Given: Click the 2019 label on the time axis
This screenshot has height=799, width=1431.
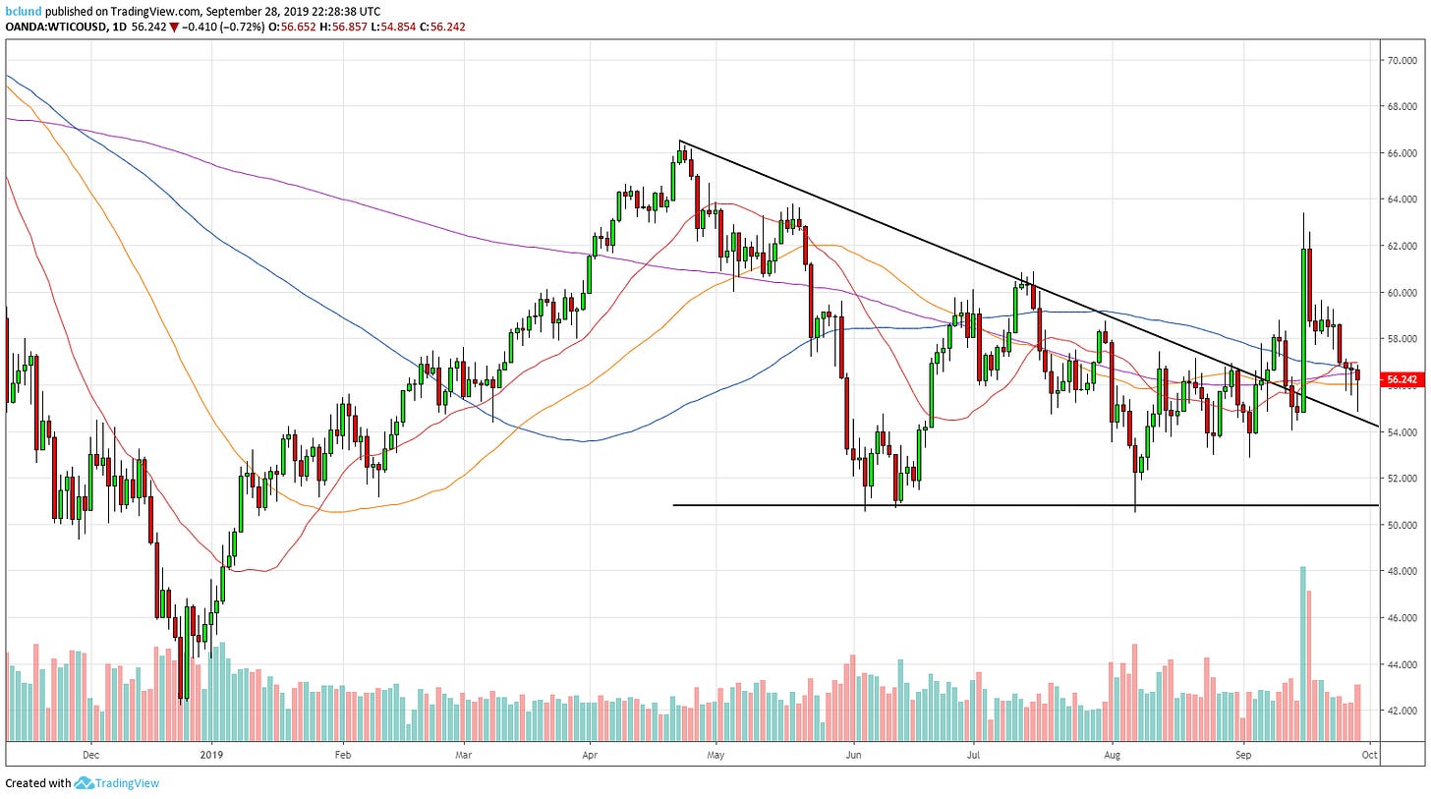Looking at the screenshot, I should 211,755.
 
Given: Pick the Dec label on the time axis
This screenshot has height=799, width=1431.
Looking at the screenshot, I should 90,755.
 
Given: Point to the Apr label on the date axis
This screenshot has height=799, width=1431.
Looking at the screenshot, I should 591,755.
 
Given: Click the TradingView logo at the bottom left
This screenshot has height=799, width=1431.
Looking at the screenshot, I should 117,783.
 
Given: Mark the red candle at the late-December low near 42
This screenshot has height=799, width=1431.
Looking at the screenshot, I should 182,668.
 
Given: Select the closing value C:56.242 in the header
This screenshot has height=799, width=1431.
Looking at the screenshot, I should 439,27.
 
